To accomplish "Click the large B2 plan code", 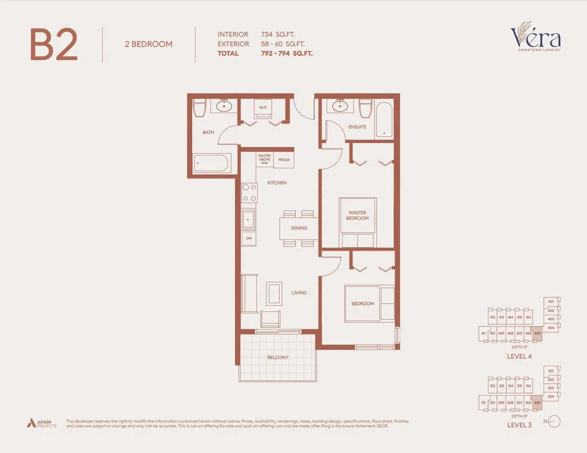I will click(x=54, y=45).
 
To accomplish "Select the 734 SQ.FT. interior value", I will click(x=278, y=35).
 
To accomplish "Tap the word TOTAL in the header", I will click(x=228, y=53).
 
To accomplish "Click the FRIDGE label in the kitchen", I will click(x=284, y=160).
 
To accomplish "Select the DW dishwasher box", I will click(x=249, y=239).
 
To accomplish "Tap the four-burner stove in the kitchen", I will click(x=249, y=193).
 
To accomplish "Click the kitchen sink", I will click(x=248, y=219).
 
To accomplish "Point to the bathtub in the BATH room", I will click(x=211, y=163).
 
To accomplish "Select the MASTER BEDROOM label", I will click(x=357, y=215).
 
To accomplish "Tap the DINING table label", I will click(x=299, y=228).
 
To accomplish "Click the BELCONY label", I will click(x=278, y=357).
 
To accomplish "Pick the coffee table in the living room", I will click(x=274, y=294).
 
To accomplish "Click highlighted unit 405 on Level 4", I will click(x=537, y=333).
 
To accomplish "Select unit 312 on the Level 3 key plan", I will click(x=492, y=386).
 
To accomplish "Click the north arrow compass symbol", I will click(x=554, y=422).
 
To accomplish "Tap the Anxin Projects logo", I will click(x=42, y=423).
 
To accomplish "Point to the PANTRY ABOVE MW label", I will click(x=264, y=159).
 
